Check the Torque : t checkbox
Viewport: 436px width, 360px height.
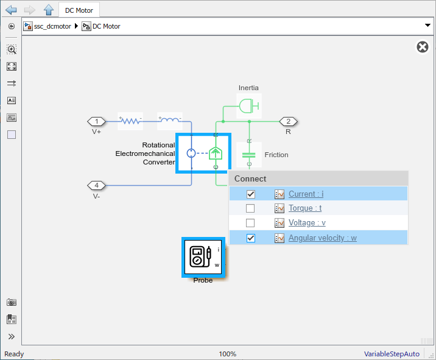pos(250,208)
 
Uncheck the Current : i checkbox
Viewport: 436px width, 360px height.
pos(251,194)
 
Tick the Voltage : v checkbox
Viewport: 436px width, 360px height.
pos(250,223)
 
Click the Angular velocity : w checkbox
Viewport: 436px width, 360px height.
pos(251,238)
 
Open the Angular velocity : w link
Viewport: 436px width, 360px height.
pos(323,238)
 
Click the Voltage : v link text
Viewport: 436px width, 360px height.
pos(307,223)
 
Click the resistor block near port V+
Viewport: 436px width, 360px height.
pos(130,121)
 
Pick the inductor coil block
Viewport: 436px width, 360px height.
pos(170,121)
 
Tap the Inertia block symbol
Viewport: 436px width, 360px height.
pos(249,106)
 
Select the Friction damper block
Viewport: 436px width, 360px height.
pos(249,155)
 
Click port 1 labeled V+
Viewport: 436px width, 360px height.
pos(96,122)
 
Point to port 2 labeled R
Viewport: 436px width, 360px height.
pos(289,122)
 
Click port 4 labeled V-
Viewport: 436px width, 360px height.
pos(96,185)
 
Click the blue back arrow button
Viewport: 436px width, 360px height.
pos(11,10)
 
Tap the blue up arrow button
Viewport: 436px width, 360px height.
pos(49,10)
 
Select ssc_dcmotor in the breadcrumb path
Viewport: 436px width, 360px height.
pos(52,26)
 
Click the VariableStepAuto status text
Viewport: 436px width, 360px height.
pos(392,354)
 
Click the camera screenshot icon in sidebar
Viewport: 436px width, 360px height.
pos(12,302)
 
